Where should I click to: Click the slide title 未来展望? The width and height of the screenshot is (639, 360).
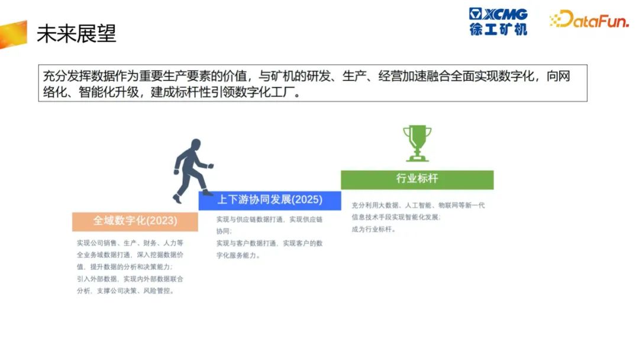click(x=76, y=33)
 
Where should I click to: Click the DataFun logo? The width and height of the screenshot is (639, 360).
click(x=589, y=19)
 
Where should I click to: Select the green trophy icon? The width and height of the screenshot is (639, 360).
click(x=417, y=143)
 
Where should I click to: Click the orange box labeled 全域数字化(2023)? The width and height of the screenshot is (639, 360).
click(x=135, y=221)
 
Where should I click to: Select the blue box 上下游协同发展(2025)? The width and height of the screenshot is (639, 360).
click(x=270, y=200)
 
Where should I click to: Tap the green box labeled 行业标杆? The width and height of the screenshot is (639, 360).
click(x=417, y=179)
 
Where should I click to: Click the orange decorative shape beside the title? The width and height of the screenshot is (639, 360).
click(x=14, y=35)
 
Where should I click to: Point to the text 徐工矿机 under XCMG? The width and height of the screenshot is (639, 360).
click(x=498, y=29)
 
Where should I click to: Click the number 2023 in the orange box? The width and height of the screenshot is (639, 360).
click(x=162, y=221)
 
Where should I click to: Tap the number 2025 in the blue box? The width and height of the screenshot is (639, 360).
click(x=307, y=200)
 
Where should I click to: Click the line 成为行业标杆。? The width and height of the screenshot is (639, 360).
click(x=374, y=229)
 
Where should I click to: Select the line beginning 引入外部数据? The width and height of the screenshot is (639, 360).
click(x=130, y=279)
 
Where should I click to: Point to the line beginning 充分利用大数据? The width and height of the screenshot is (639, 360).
click(x=418, y=205)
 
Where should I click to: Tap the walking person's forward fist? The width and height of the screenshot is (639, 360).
click(x=210, y=166)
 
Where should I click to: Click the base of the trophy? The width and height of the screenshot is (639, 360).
click(x=417, y=159)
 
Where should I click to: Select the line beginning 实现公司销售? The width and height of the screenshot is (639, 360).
click(x=130, y=243)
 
